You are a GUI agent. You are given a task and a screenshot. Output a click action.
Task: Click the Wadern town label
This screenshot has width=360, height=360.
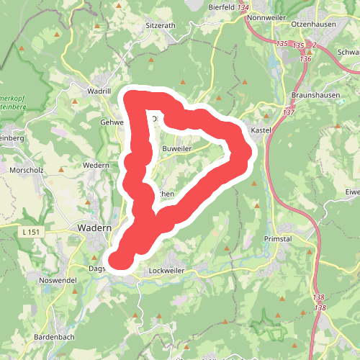[x=93, y=228]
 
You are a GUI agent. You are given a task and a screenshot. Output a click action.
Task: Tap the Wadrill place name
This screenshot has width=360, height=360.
[x=98, y=91]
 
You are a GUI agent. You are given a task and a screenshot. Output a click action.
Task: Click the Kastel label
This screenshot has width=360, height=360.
[x=259, y=130]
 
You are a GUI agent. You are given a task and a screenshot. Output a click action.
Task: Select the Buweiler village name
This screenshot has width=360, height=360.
[x=177, y=148]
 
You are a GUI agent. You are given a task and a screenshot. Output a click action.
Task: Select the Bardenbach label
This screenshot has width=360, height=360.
[x=54, y=337]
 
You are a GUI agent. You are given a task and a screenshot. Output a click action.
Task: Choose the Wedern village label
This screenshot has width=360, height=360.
[x=96, y=166]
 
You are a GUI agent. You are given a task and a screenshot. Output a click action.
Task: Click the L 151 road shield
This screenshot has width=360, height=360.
[x=32, y=231]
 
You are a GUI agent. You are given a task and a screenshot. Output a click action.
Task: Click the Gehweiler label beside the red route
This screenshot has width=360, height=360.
[x=113, y=122]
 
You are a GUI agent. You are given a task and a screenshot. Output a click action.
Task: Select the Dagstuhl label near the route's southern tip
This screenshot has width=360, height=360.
[x=97, y=268]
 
